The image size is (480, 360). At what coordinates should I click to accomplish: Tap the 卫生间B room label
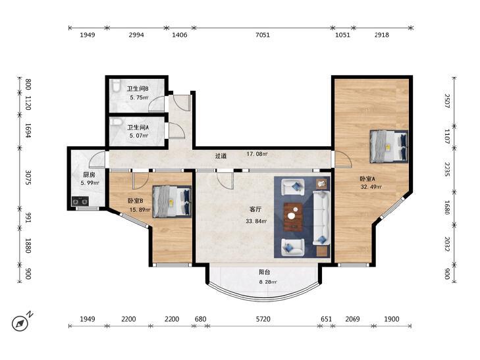(138, 89)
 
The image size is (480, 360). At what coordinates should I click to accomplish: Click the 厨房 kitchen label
(89, 175)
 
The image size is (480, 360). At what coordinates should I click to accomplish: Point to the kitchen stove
(80, 201)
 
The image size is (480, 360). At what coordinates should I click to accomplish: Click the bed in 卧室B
(172, 202)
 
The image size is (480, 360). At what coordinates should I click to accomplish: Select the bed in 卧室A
(388, 147)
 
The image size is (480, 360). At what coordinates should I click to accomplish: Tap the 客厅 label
(255, 209)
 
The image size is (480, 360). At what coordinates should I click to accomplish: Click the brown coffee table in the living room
(293, 217)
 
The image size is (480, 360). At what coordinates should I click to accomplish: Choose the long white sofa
(321, 218)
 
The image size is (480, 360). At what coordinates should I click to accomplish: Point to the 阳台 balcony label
(264, 272)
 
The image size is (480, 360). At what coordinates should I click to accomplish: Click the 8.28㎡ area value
(268, 282)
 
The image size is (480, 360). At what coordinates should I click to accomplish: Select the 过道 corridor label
(221, 156)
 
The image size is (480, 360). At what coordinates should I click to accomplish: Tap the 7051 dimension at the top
(263, 35)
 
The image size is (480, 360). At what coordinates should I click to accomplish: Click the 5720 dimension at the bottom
(263, 319)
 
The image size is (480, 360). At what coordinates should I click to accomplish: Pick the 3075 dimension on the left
(28, 178)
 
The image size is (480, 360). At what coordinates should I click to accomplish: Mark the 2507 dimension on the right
(447, 101)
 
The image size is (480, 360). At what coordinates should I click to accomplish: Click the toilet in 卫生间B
(115, 86)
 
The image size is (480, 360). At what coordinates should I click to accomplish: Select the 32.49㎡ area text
(371, 187)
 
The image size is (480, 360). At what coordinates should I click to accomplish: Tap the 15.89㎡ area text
(140, 210)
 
